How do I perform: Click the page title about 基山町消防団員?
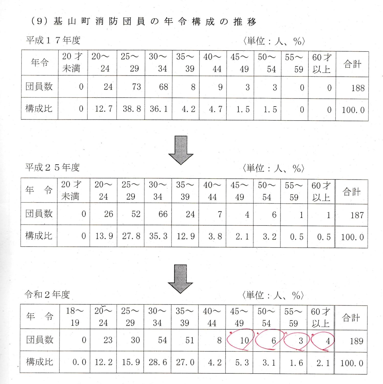[x=143, y=22]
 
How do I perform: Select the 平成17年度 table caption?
[x=53, y=40]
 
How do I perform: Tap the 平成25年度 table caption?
[x=52, y=168]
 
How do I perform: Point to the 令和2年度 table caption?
[x=47, y=295]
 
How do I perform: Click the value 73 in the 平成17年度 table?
[x=136, y=87]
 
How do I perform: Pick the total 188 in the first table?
[x=358, y=88]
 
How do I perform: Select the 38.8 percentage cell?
[x=132, y=109]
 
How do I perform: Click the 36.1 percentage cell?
[x=159, y=109]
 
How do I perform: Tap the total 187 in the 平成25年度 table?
[x=357, y=215]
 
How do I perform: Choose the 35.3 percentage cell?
[x=158, y=236]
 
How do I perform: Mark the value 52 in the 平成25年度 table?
[x=136, y=214]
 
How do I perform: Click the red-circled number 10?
[x=244, y=340]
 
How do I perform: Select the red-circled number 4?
[x=328, y=341]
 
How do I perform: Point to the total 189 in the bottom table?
[x=357, y=341]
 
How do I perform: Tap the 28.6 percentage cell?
[x=158, y=362]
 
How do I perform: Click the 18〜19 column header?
[x=75, y=317]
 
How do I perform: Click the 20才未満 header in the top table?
[x=71, y=63]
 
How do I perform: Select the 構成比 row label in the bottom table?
[x=40, y=362]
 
